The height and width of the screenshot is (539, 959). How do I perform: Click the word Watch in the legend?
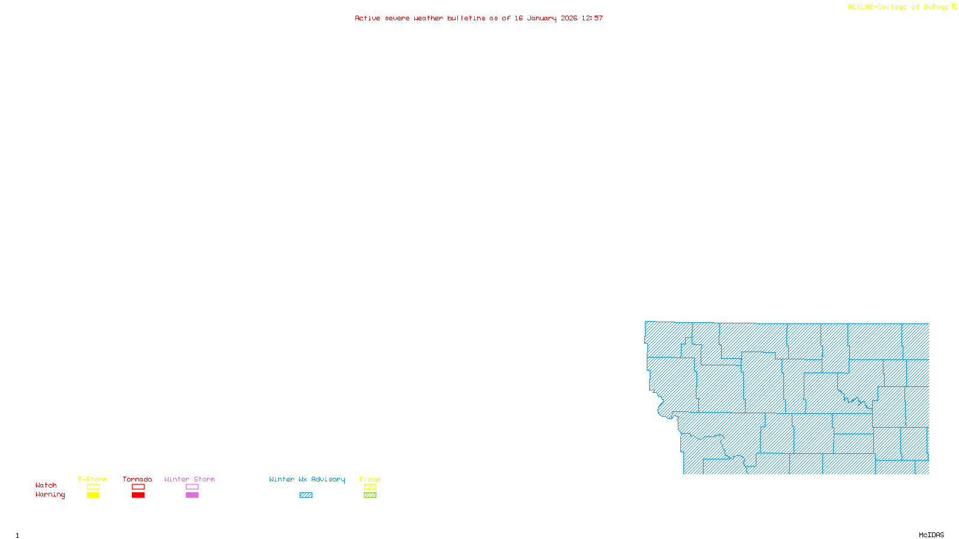pyautogui.click(x=46, y=485)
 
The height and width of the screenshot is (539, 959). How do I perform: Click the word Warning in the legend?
pyautogui.click(x=50, y=495)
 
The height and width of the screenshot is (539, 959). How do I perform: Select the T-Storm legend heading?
pyautogui.click(x=92, y=479)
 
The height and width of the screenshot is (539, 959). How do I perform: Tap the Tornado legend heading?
pyautogui.click(x=137, y=479)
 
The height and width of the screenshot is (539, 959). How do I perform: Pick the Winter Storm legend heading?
pyautogui.click(x=189, y=479)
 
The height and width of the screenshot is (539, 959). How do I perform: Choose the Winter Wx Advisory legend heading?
pyautogui.click(x=307, y=479)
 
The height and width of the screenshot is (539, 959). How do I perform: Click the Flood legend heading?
pyautogui.click(x=370, y=479)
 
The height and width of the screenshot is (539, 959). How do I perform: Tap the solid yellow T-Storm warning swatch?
pyautogui.click(x=93, y=495)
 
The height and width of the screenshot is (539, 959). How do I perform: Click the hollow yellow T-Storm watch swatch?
pyautogui.click(x=93, y=487)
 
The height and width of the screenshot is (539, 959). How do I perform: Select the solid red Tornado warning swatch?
pyautogui.click(x=138, y=495)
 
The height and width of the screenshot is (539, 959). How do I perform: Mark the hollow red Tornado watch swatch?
pyautogui.click(x=138, y=487)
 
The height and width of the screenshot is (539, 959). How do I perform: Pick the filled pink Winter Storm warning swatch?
pyautogui.click(x=192, y=495)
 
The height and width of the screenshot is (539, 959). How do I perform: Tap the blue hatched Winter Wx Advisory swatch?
pyautogui.click(x=306, y=495)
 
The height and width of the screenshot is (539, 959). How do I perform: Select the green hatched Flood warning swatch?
pyautogui.click(x=370, y=495)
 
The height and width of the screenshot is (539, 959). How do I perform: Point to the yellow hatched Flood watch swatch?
pyautogui.click(x=370, y=487)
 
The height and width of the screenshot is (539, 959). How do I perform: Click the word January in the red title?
pyautogui.click(x=542, y=18)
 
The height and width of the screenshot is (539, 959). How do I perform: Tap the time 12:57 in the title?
pyautogui.click(x=592, y=18)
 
